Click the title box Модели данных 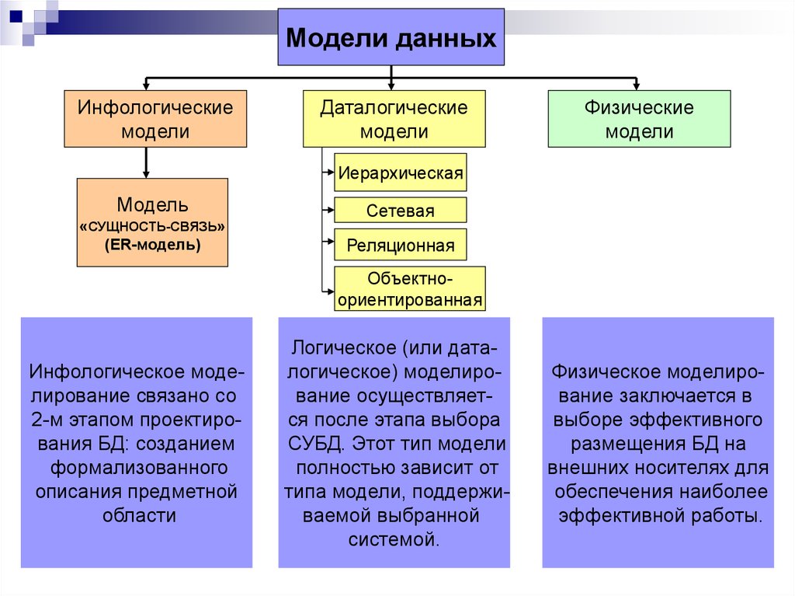391,37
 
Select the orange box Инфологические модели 155,119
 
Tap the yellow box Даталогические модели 394,119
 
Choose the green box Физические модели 639,119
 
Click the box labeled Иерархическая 401,173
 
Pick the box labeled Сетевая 401,210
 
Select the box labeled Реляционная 401,246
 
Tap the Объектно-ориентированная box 410,289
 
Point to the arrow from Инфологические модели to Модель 146,163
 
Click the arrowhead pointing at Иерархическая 329,173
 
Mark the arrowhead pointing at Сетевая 329,210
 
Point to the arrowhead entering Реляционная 329,246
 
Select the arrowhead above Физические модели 637,85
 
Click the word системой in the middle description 394,539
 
